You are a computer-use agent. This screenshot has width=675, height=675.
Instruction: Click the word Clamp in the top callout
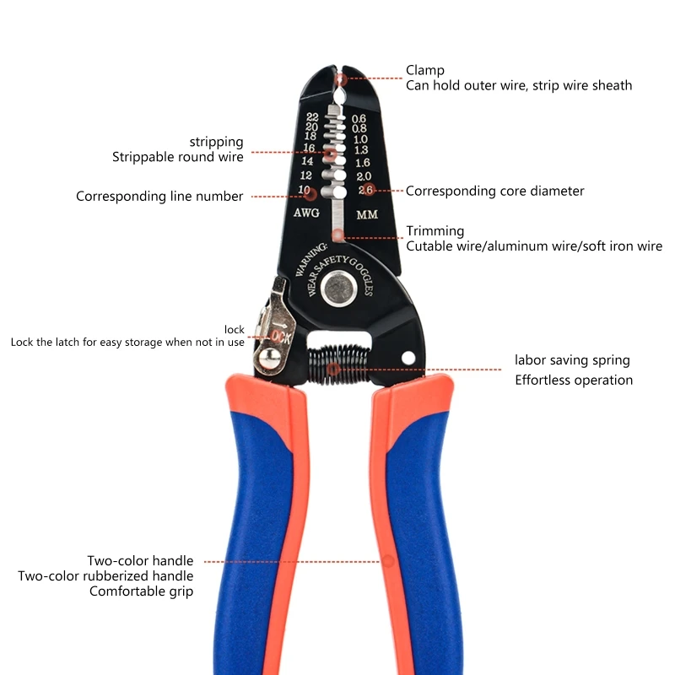click(x=424, y=70)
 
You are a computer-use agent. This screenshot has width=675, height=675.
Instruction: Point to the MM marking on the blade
click(x=367, y=214)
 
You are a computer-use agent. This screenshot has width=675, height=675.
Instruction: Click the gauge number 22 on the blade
click(x=312, y=116)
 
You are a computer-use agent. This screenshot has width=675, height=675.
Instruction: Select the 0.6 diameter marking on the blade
click(x=359, y=118)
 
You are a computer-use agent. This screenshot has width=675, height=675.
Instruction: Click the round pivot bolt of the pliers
click(x=340, y=289)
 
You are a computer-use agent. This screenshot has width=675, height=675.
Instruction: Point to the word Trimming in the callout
click(x=435, y=231)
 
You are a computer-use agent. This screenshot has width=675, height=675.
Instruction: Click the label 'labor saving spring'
click(x=572, y=360)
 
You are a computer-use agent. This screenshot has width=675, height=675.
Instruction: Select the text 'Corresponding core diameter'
click(x=494, y=191)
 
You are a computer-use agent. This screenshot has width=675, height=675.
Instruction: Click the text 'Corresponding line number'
click(x=159, y=197)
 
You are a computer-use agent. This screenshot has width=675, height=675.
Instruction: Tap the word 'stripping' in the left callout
click(x=216, y=142)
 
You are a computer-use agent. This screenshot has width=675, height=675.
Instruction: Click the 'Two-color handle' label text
click(x=140, y=561)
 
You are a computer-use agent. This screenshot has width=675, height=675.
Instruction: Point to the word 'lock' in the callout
click(x=234, y=329)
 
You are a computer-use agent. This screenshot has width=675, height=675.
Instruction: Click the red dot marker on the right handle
click(x=389, y=560)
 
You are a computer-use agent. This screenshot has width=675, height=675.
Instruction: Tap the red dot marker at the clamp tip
click(x=341, y=80)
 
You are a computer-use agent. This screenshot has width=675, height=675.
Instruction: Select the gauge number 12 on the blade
click(x=306, y=175)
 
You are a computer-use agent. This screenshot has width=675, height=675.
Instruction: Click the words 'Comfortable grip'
click(x=141, y=591)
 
